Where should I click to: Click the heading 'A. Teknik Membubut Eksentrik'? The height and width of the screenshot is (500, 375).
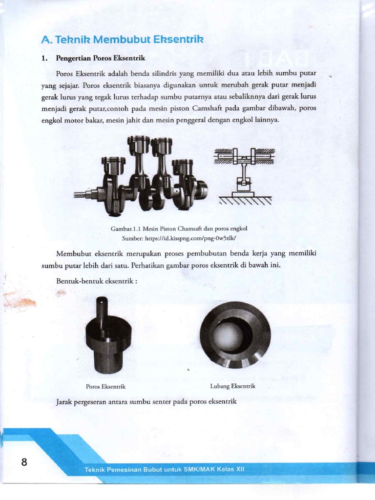tap(122, 39)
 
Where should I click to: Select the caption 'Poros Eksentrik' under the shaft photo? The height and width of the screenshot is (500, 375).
tap(106, 386)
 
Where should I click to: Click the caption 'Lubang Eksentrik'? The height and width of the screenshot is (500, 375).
tap(233, 386)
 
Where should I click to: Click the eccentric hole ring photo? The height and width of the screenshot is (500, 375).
tap(235, 334)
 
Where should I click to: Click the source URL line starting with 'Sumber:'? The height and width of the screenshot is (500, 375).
tap(179, 238)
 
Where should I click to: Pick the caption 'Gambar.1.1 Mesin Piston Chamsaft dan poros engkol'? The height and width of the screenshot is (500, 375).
tap(179, 229)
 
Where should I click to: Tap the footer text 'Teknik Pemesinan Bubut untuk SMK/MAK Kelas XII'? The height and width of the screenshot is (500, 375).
tap(164, 470)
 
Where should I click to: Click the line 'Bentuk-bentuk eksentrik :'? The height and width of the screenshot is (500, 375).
tap(97, 281)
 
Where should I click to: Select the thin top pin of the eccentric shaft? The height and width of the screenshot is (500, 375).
tap(102, 308)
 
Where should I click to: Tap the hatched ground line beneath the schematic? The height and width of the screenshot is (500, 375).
tap(245, 200)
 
